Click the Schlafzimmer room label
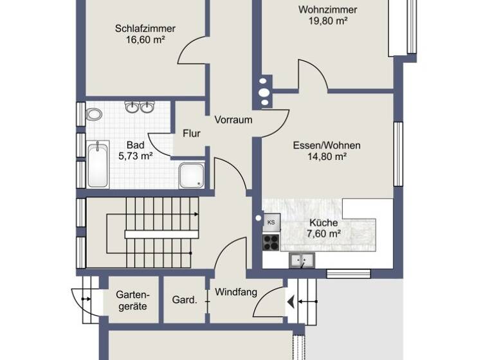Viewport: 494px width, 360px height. (x=145, y=28)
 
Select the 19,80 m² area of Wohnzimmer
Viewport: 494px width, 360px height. (x=328, y=21)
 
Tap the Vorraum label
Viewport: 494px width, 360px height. (x=233, y=120)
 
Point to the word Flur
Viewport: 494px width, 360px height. (x=192, y=134)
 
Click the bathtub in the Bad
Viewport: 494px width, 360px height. (x=98, y=165)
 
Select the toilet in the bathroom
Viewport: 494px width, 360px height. (x=95, y=115)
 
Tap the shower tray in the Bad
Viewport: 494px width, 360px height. (x=192, y=175)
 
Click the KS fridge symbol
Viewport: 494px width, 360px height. (x=271, y=223)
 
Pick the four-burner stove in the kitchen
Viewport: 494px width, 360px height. (x=271, y=242)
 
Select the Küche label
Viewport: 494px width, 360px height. (x=323, y=222)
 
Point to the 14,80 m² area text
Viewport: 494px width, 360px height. (x=327, y=156)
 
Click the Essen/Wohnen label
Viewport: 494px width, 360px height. (x=327, y=145)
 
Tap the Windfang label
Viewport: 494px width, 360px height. (x=236, y=292)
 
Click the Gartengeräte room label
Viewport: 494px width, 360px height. (x=131, y=300)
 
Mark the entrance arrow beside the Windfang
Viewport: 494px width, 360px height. (x=293, y=300)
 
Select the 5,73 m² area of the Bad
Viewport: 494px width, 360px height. (x=135, y=156)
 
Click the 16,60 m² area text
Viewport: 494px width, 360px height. (x=145, y=39)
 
